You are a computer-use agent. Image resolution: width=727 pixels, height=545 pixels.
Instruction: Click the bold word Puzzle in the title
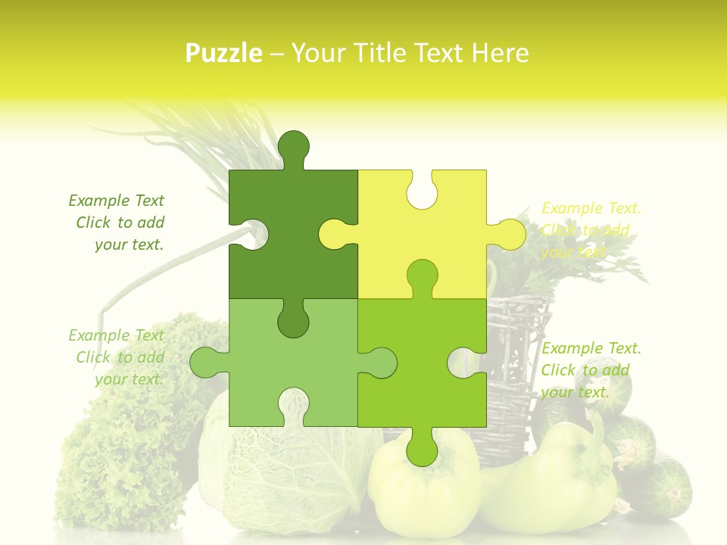point(224,53)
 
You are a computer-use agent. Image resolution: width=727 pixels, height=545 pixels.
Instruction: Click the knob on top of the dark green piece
point(293,148)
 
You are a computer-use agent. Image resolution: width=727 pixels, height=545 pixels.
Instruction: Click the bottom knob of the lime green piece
point(422,448)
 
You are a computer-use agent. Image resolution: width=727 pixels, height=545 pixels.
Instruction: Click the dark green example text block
point(117,223)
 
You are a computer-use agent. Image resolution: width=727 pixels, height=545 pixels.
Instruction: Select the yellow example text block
point(591,230)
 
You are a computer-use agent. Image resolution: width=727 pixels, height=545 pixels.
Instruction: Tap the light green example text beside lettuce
point(117,357)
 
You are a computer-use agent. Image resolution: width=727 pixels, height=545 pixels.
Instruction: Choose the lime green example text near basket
point(591,369)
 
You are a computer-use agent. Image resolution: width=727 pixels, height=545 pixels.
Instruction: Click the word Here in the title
point(500,53)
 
